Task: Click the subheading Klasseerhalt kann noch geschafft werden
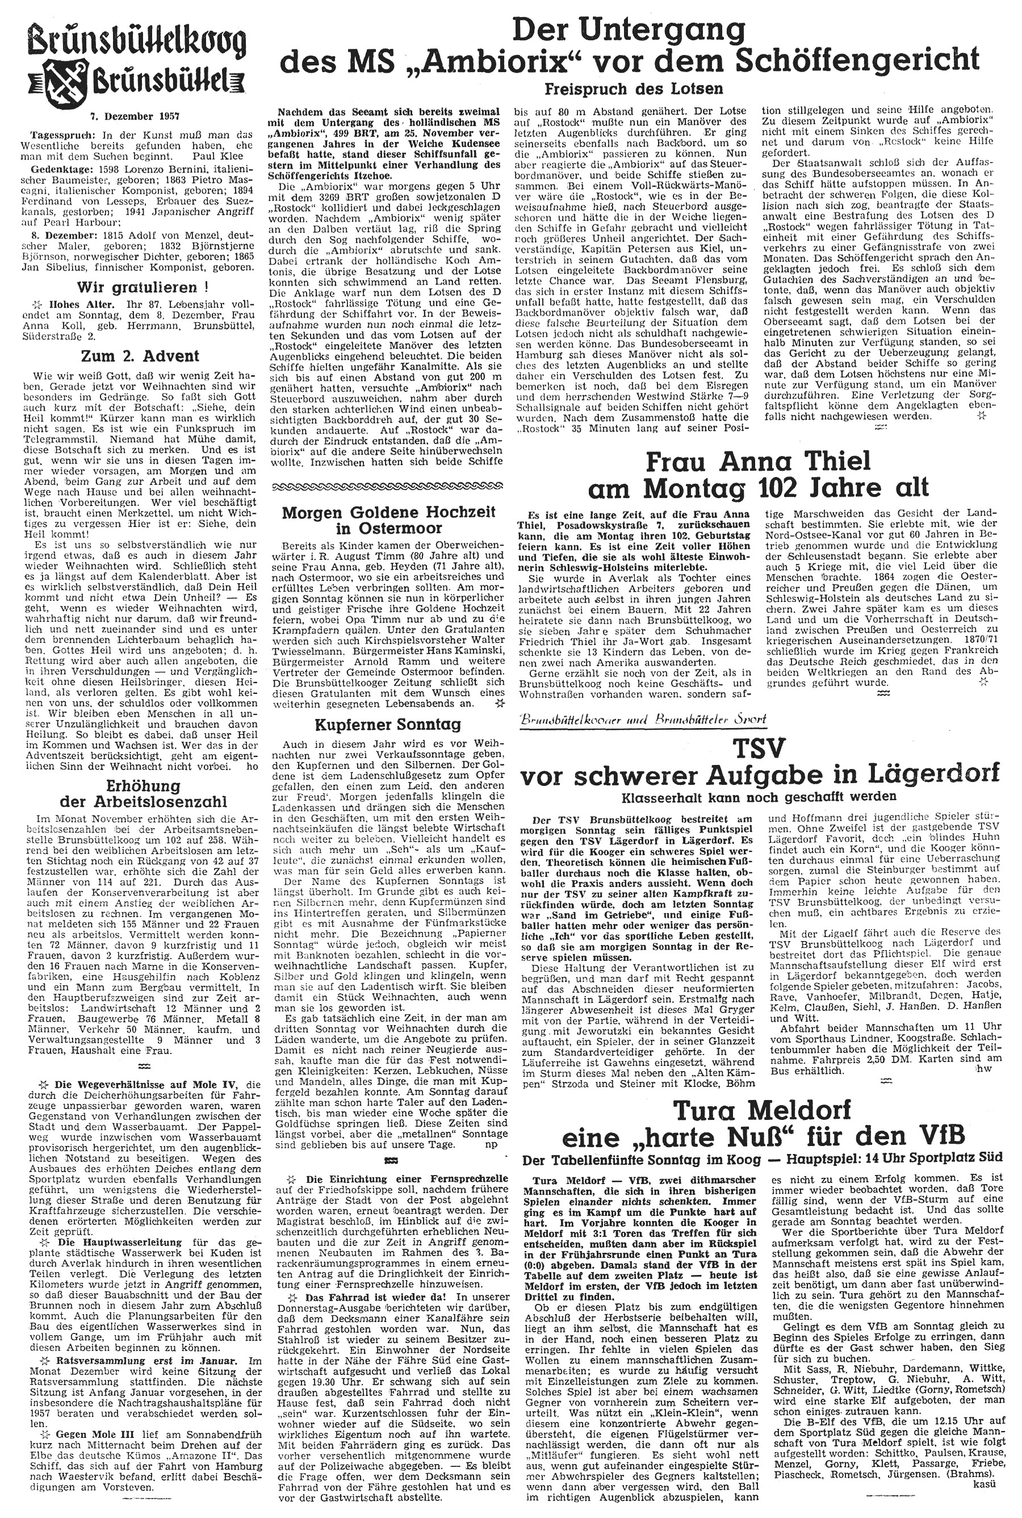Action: pyautogui.click(x=758, y=796)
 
